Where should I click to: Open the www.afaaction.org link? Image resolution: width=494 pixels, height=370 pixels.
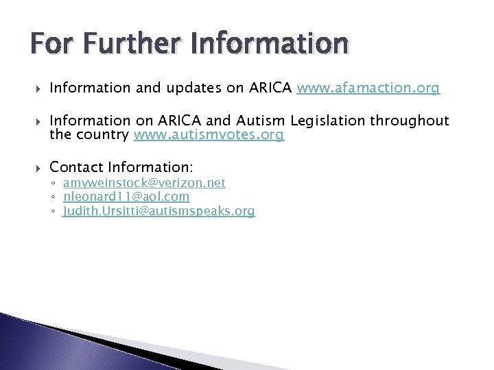[368, 88]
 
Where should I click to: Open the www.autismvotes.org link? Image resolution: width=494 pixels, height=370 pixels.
[209, 135]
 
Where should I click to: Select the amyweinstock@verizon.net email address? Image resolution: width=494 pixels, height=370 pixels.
[144, 183]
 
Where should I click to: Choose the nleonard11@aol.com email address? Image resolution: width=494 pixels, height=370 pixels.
[126, 197]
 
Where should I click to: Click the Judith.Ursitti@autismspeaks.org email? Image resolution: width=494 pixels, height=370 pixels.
[158, 211]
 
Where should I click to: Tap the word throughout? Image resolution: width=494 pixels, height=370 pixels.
[410, 121]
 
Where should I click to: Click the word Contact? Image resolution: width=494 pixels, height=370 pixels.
[75, 166]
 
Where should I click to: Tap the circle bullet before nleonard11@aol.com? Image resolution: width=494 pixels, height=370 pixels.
[54, 197]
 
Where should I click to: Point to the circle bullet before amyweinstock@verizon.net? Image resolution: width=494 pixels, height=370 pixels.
[54, 184]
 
